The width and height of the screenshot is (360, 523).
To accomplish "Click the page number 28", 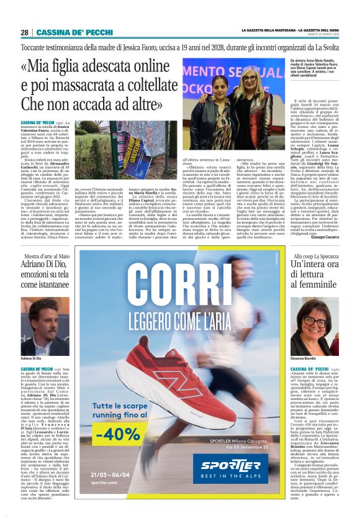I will click(24, 32).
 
